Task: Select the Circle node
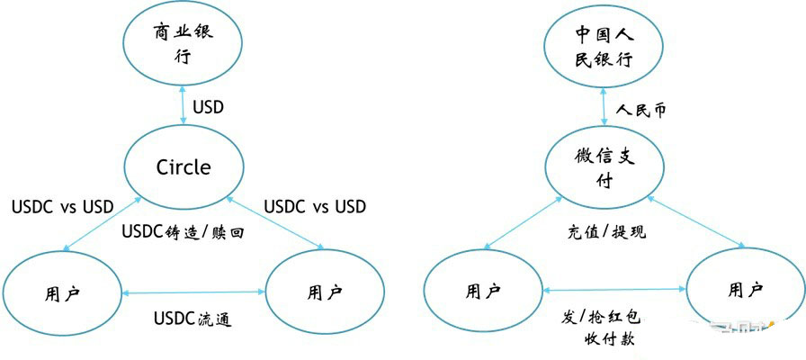coord(184,166)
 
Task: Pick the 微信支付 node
coord(603,167)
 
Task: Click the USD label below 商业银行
coord(208,107)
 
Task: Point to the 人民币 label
coord(641,111)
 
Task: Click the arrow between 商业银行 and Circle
coord(184,106)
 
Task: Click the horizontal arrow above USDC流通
coord(193,292)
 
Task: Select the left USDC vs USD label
coord(63,206)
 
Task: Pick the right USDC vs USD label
coord(314,206)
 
